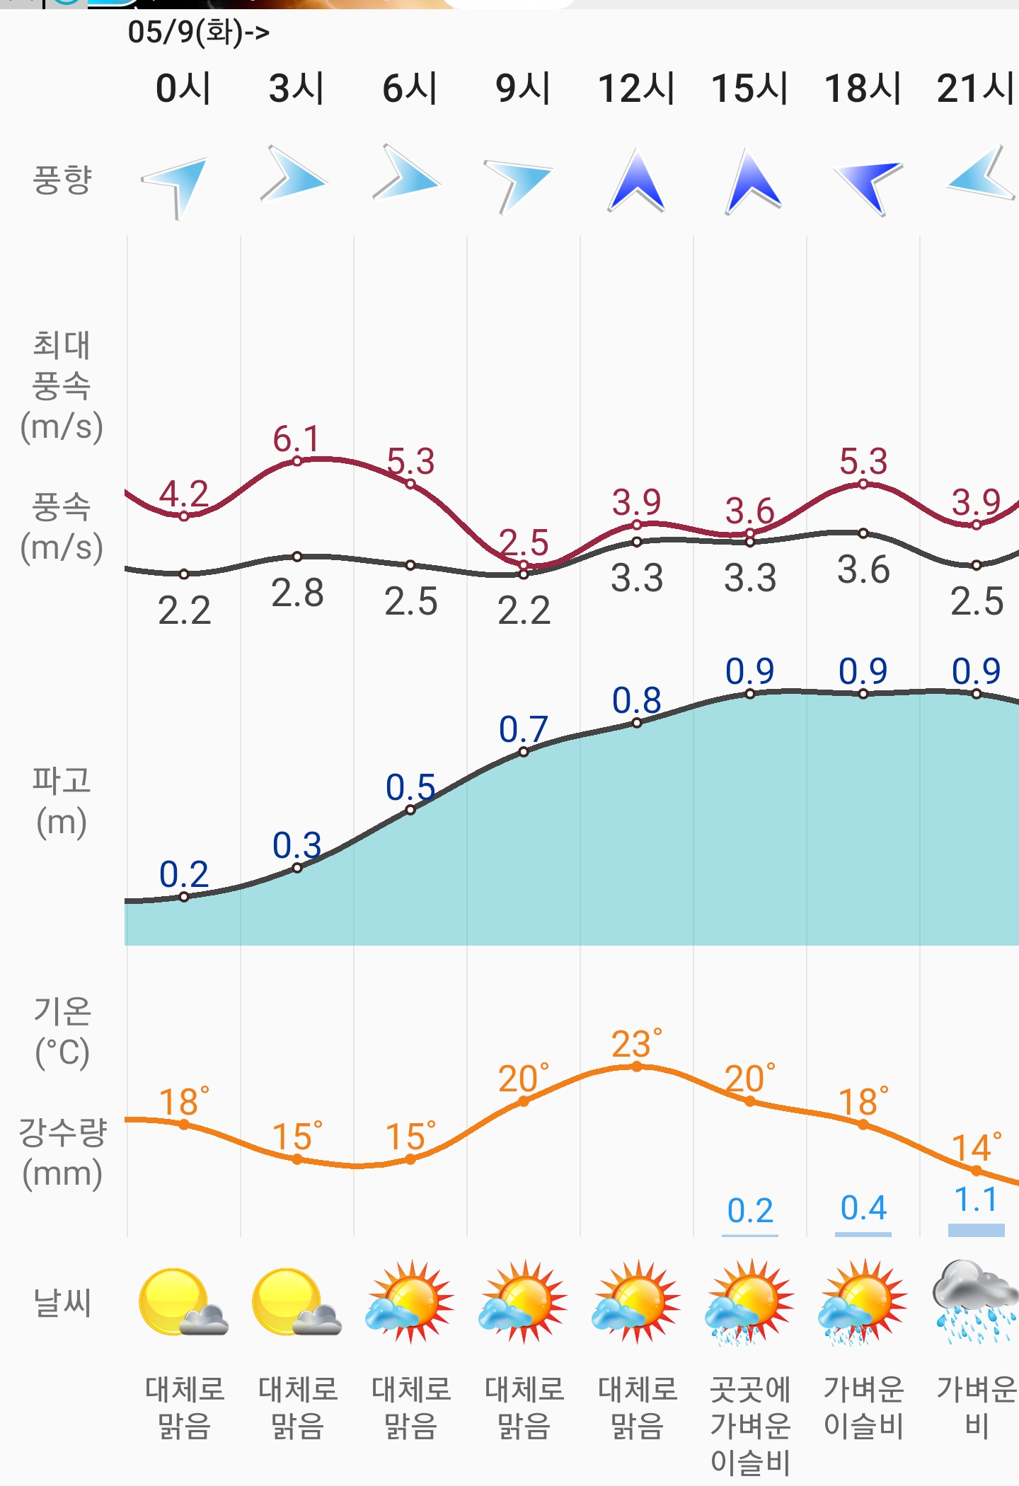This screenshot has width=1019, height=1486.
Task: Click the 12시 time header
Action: (636, 89)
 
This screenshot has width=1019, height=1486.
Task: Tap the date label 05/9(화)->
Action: (199, 33)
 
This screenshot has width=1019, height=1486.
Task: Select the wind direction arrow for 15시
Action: (752, 182)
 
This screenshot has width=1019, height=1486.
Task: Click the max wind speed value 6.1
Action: (297, 439)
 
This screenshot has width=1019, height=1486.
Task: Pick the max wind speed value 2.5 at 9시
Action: (524, 542)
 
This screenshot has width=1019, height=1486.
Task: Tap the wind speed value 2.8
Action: (297, 593)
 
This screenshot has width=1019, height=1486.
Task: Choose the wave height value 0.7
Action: (524, 729)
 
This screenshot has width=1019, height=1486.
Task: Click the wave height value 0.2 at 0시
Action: (184, 875)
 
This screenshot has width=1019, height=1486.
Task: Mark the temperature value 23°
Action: (637, 1044)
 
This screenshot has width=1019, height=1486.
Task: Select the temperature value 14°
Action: (977, 1148)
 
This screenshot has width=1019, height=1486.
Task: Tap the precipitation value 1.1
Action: (976, 1200)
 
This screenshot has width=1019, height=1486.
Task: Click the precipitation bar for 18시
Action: (863, 1234)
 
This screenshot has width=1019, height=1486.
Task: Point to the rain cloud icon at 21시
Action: (975, 1301)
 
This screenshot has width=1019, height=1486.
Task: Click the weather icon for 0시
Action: (183, 1301)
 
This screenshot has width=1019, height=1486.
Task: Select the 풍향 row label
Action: (62, 180)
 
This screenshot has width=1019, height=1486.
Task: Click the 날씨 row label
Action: (62, 1302)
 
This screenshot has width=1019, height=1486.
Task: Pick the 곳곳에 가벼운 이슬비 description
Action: (750, 1425)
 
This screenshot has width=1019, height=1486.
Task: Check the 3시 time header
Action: (297, 89)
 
